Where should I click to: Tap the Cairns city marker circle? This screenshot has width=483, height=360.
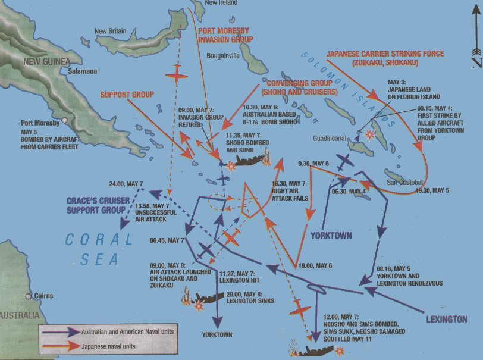coord(28,296)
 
